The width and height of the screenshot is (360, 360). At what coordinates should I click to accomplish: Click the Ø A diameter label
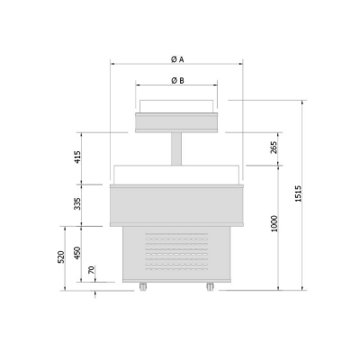pyautogui.click(x=177, y=59)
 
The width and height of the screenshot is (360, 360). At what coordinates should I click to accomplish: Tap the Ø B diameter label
pyautogui.click(x=177, y=80)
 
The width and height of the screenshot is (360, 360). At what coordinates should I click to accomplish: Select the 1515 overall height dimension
pyautogui.click(x=298, y=193)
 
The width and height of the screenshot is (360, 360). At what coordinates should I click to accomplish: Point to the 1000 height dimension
pyautogui.click(x=274, y=223)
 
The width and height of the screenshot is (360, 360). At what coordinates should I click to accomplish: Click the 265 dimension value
pyautogui.click(x=274, y=148)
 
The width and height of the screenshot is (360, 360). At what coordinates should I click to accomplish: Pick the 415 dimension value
pyautogui.click(x=77, y=157)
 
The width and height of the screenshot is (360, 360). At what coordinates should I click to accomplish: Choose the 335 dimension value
pyautogui.click(x=77, y=203)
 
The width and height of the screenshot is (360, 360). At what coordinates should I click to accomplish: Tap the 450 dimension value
pyautogui.click(x=77, y=253)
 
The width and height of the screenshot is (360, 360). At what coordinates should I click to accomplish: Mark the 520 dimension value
pyautogui.click(x=61, y=257)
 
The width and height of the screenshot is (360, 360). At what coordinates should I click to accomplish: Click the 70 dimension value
pyautogui.click(x=92, y=270)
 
